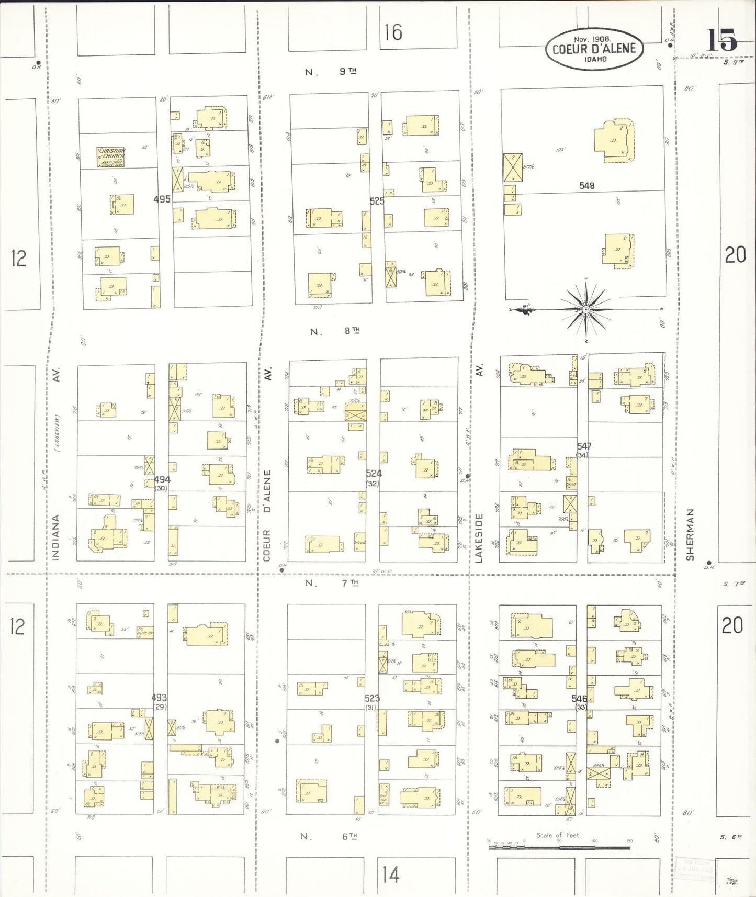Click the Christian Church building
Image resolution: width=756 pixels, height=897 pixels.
point(111,156)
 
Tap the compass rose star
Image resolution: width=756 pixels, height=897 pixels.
point(586,309)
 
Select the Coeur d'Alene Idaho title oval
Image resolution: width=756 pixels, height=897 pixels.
point(594,49)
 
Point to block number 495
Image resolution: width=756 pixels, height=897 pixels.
point(162,199)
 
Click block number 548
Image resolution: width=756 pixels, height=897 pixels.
point(586,186)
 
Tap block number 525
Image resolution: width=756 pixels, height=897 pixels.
point(377,201)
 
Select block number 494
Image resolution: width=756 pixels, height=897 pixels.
point(162,479)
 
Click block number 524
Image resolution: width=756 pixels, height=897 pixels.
point(374,474)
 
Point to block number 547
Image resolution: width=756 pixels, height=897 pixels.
point(584,446)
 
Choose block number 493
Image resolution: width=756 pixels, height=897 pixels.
point(159,698)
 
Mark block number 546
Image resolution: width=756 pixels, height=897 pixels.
point(579,699)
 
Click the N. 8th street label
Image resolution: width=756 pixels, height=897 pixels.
point(335,331)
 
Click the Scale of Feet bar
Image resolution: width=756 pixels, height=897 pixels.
point(560,846)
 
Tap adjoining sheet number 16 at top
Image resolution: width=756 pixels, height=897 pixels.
point(393,32)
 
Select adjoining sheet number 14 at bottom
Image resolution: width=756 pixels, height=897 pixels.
point(390,874)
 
